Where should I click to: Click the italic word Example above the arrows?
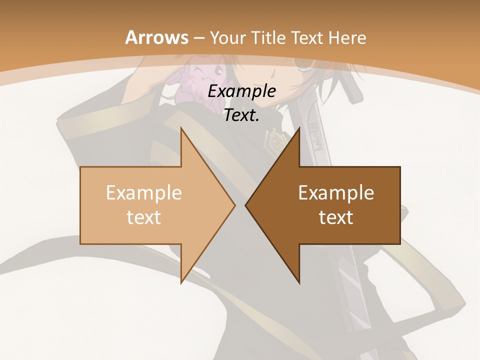tap(241, 91)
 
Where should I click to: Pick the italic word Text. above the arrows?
tap(241, 115)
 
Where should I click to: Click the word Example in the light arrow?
tap(143, 192)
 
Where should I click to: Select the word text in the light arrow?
tap(143, 217)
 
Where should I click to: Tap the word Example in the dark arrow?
tap(336, 192)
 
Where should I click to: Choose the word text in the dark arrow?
tap(336, 217)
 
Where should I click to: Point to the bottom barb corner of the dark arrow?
tap(299, 282)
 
